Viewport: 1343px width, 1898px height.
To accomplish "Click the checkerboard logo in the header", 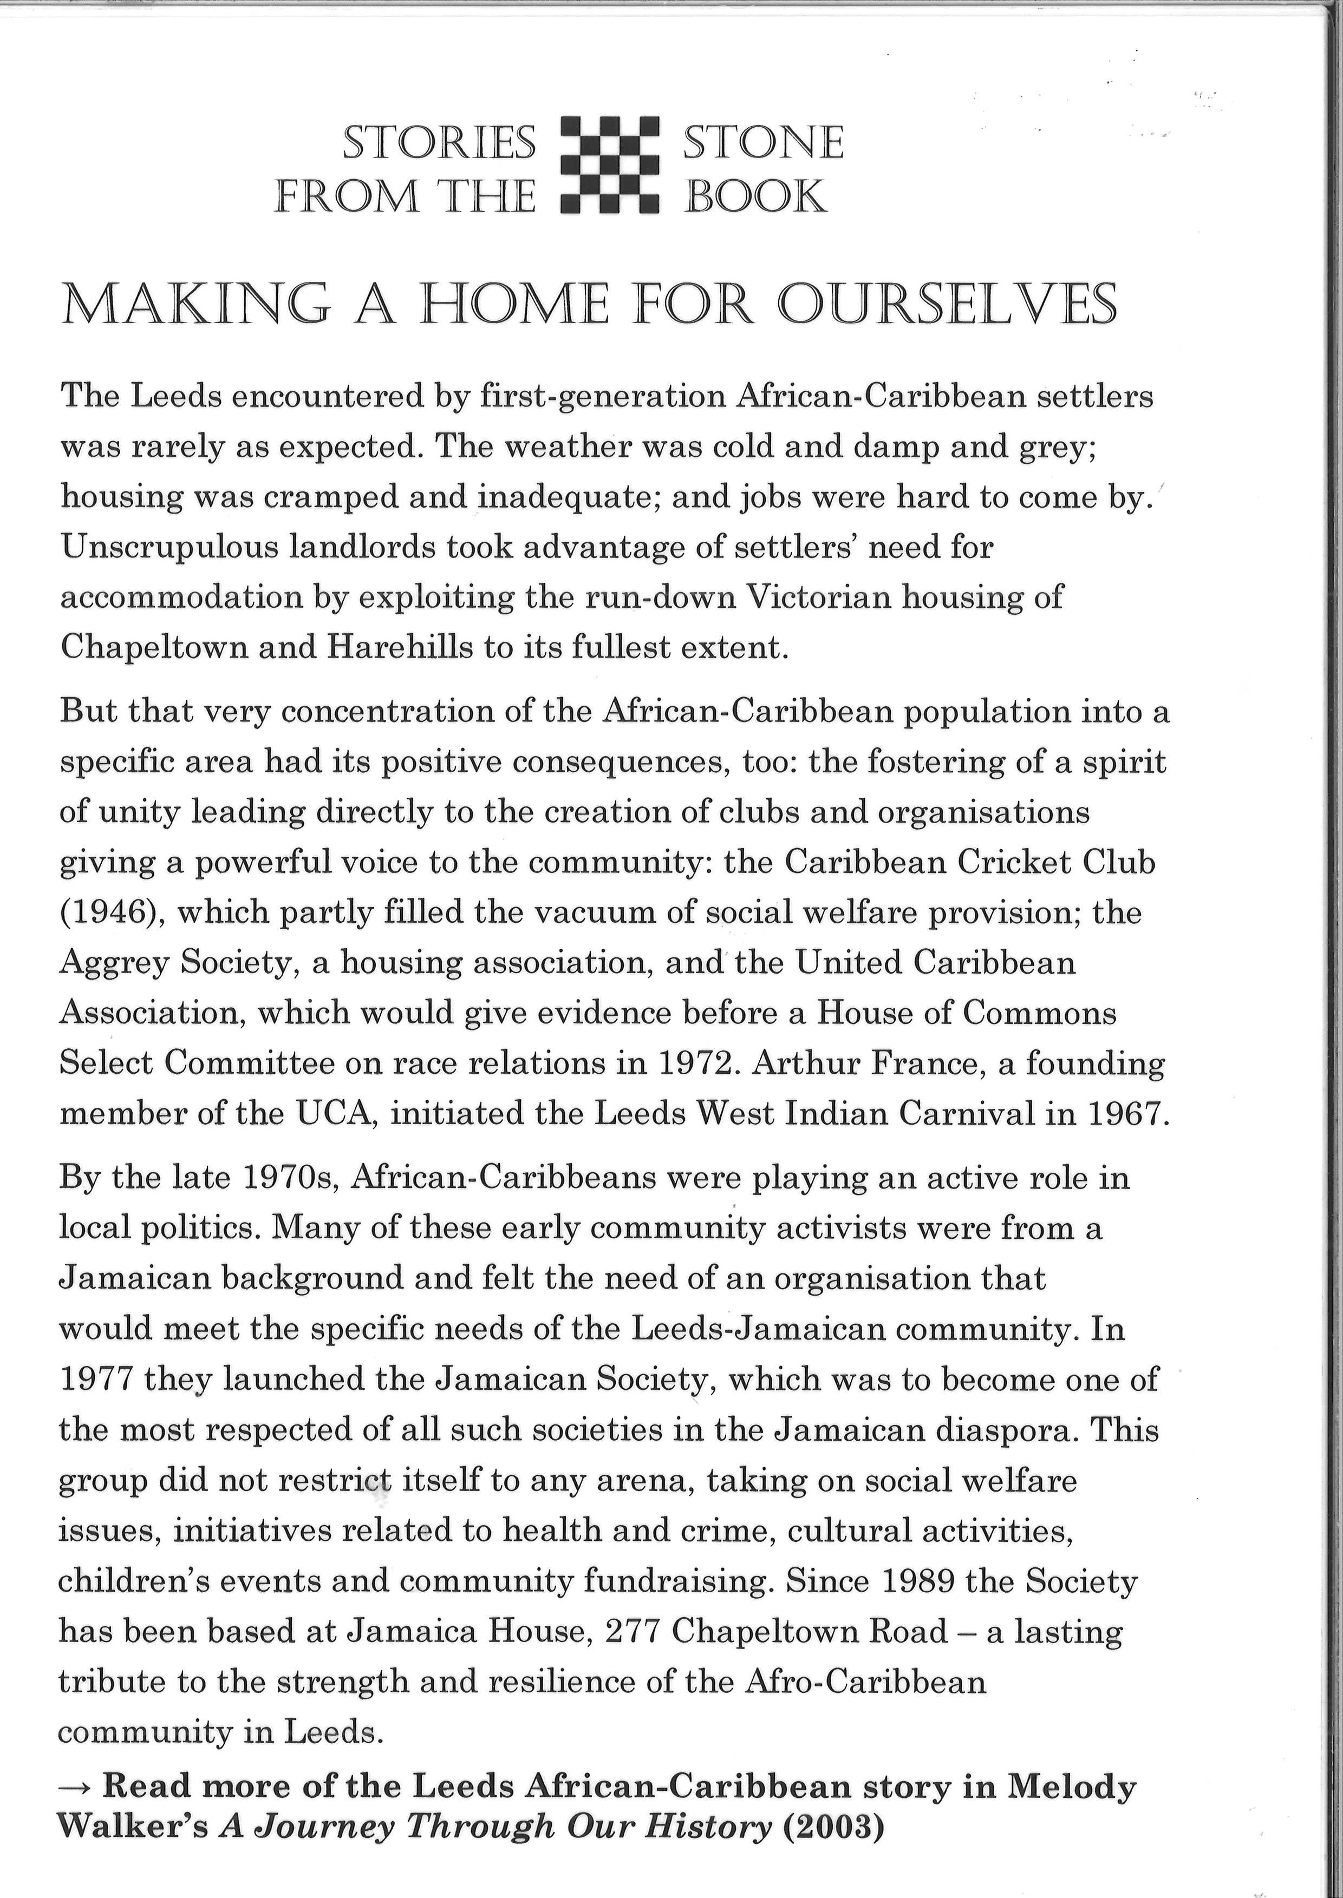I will (609, 165).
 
